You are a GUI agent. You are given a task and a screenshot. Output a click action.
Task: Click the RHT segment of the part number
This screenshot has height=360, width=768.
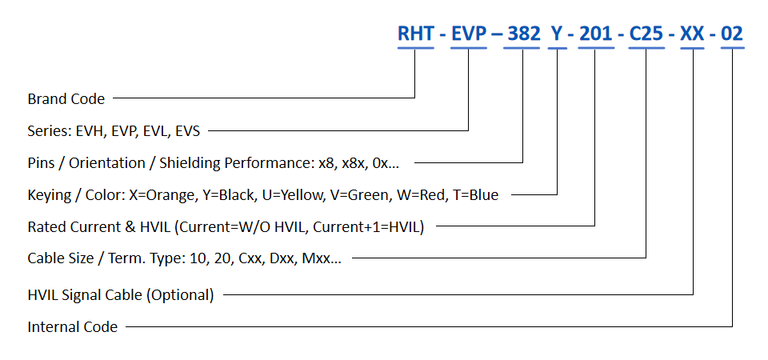pyautogui.click(x=416, y=34)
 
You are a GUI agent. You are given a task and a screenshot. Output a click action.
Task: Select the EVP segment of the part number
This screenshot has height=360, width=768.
pyautogui.click(x=469, y=34)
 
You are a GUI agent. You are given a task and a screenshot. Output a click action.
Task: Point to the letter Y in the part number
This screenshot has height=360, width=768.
pyautogui.click(x=557, y=34)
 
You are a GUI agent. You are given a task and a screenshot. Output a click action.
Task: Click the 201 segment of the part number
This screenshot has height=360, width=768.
pyautogui.click(x=595, y=34)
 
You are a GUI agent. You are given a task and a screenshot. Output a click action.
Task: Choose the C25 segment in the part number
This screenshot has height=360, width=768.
pyautogui.click(x=646, y=34)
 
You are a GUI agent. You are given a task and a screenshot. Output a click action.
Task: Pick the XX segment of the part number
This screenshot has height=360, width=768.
pyautogui.click(x=693, y=34)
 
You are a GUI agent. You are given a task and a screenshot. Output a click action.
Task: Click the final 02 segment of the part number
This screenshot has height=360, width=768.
pyautogui.click(x=732, y=34)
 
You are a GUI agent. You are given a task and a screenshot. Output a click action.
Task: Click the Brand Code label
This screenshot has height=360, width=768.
pyautogui.click(x=66, y=99)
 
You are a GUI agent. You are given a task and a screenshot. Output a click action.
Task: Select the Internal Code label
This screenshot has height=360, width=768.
pyautogui.click(x=72, y=326)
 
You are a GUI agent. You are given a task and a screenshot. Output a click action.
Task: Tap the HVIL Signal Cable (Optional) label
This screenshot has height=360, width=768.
pyautogui.click(x=120, y=294)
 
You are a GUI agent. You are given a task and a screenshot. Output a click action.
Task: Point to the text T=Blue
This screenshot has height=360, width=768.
pyautogui.click(x=474, y=195)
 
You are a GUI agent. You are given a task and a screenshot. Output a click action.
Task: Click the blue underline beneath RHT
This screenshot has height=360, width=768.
pyautogui.click(x=416, y=50)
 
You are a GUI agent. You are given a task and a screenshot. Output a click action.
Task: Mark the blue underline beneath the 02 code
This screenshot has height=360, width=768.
pyautogui.click(x=732, y=50)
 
